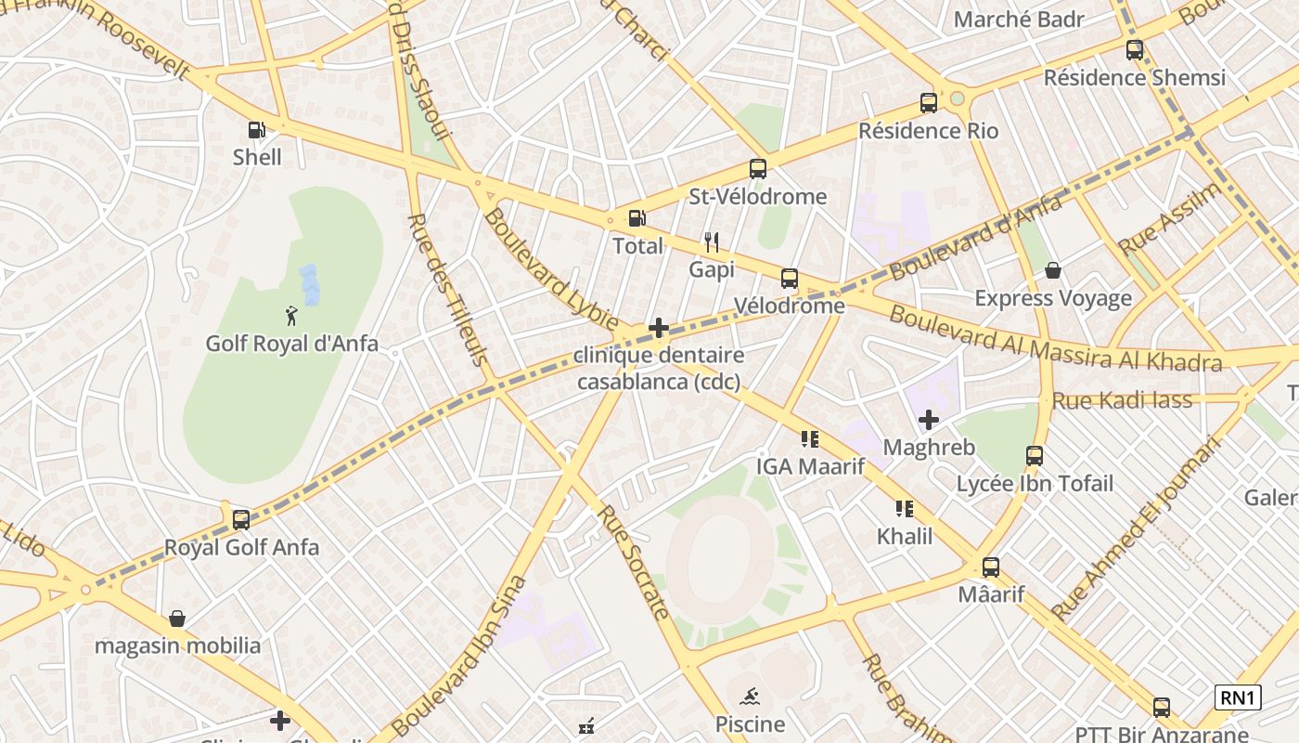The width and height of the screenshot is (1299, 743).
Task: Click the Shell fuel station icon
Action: point(257,130)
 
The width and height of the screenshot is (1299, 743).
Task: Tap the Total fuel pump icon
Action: point(637,218)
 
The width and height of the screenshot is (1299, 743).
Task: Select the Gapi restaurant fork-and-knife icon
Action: point(712,242)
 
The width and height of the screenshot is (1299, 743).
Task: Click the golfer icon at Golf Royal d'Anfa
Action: point(292,316)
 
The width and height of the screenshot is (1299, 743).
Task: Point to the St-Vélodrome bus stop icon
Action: point(758,169)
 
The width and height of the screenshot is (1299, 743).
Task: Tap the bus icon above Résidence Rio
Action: point(929,103)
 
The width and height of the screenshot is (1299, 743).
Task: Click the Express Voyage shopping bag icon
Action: point(1053,270)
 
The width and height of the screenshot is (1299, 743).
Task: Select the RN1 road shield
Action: point(1238,697)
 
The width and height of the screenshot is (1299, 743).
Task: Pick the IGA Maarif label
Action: point(810,466)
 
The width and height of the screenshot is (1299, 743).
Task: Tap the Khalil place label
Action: point(905,536)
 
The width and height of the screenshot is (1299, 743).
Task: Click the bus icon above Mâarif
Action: point(991,567)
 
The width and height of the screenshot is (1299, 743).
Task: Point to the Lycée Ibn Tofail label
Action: point(1035,483)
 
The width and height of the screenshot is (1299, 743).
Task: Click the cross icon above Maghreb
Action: point(929,420)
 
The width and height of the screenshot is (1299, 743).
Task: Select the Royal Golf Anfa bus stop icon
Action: point(241,519)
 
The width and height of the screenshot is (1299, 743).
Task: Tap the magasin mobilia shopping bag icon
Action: point(177,618)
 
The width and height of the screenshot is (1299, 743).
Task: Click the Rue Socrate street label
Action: point(633,561)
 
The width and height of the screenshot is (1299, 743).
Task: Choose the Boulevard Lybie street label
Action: point(551,268)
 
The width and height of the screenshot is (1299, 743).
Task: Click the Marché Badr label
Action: point(1019,20)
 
